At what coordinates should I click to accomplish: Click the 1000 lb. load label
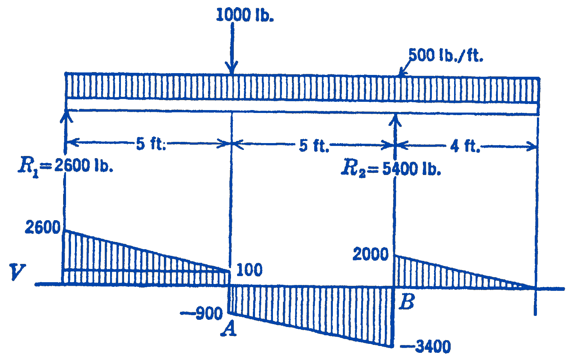pos(245,15)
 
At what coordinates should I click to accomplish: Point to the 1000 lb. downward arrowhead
pos(232,68)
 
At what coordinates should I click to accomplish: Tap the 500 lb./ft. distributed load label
pos(446,55)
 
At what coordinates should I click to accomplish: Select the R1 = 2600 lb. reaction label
pos(66,165)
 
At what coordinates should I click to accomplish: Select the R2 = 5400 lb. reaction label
pos(391,168)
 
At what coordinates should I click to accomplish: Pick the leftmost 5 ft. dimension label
pos(151,144)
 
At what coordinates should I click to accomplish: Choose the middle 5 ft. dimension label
pos(314,146)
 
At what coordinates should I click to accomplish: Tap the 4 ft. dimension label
pos(465,146)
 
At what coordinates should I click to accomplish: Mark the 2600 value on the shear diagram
pos(43,227)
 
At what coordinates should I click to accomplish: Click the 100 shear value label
pos(250,270)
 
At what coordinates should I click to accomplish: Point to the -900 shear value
pos(202,313)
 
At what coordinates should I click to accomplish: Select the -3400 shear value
pos(426,346)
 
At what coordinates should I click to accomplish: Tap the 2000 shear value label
pos(370,254)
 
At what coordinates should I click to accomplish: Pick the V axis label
pos(17,272)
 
